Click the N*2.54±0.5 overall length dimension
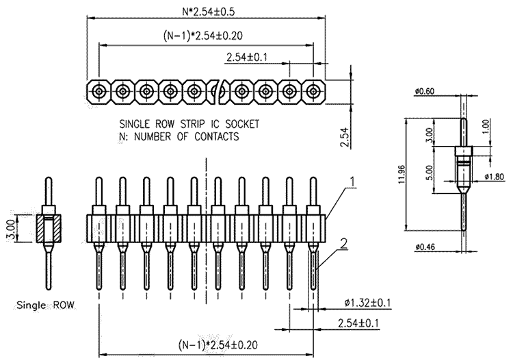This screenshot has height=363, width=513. point(209,12)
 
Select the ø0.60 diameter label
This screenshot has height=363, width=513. point(425,91)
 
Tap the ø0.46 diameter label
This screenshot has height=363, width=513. point(425,247)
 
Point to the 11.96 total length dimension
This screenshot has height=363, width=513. point(402,174)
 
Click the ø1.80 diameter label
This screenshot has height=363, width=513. point(495,177)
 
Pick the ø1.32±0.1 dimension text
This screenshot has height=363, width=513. point(368,303)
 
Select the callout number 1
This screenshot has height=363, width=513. point(352,181)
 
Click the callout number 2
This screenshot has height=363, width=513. point(343,243)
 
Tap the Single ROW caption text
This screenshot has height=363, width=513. point(45,305)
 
